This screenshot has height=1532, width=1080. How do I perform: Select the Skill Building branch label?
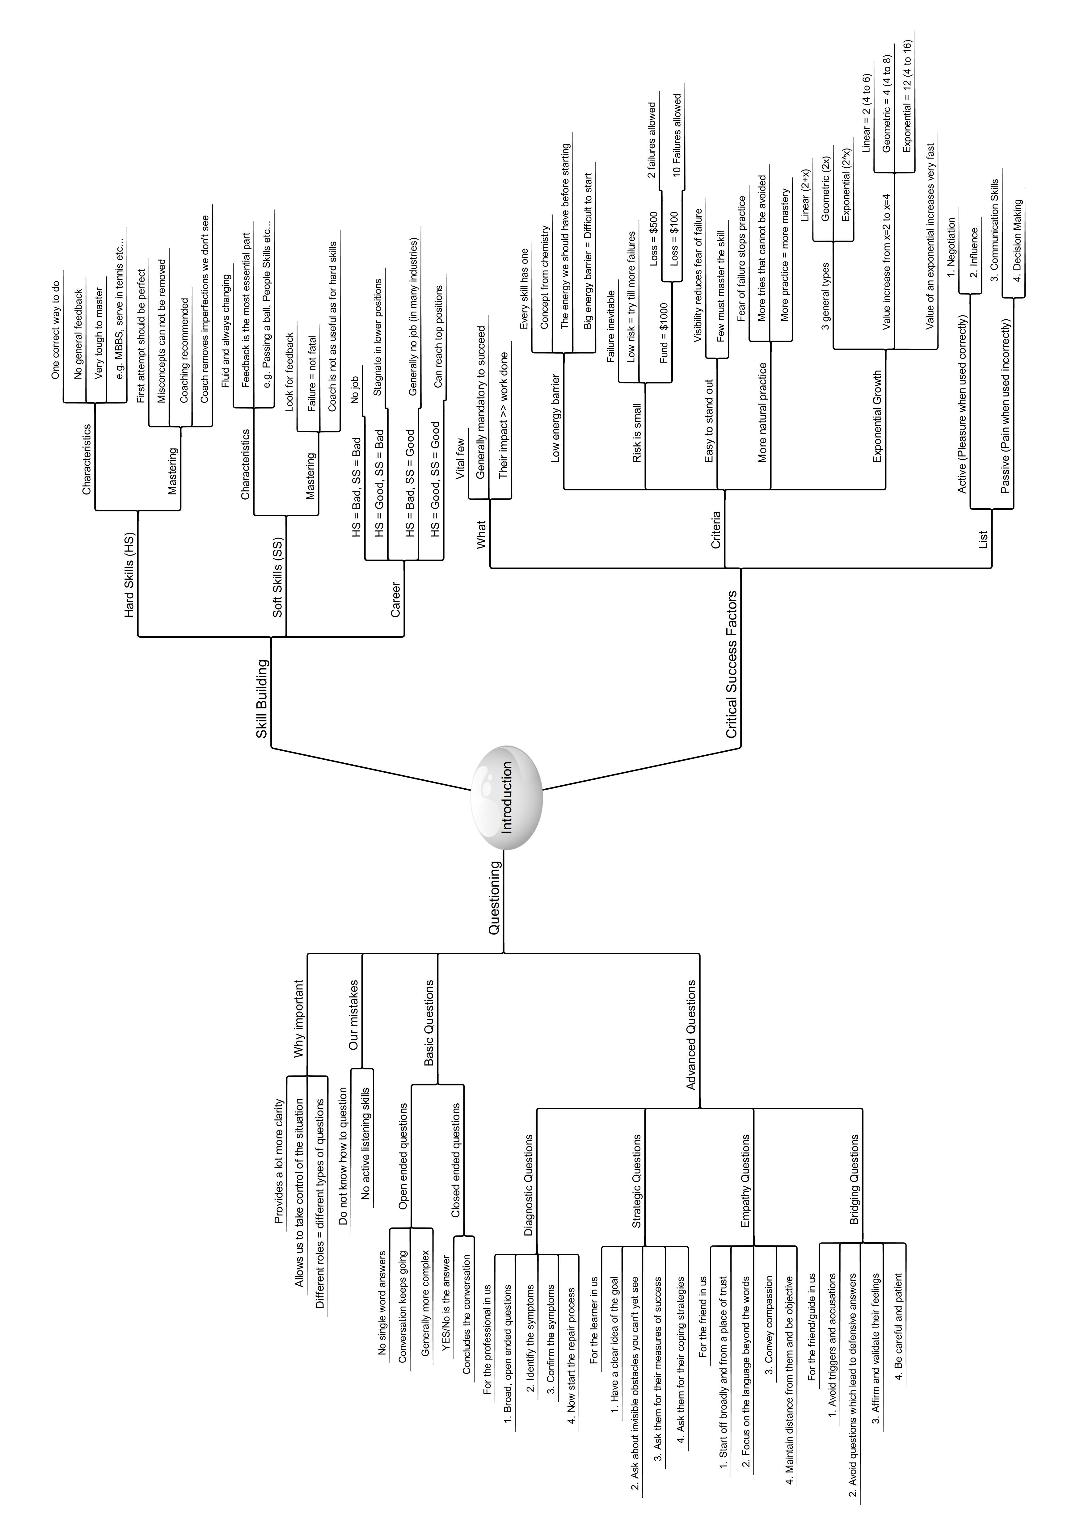point(262,698)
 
